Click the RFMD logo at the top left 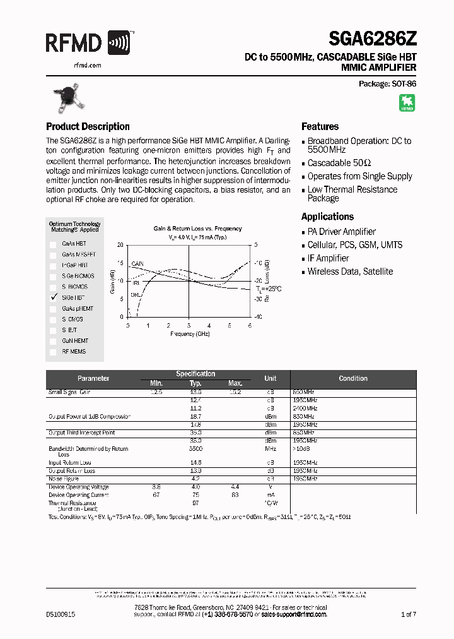(x=88, y=43)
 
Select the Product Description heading (x=88, y=126)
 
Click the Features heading (x=320, y=126)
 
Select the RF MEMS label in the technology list (x=74, y=351)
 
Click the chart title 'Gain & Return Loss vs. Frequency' (x=197, y=229)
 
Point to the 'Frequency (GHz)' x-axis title (x=189, y=333)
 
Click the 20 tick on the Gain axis (x=121, y=244)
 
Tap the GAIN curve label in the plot (x=137, y=263)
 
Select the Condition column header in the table (x=352, y=378)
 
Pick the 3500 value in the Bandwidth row (x=195, y=449)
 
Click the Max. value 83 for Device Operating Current (x=235, y=495)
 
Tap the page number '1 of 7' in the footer (x=409, y=614)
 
